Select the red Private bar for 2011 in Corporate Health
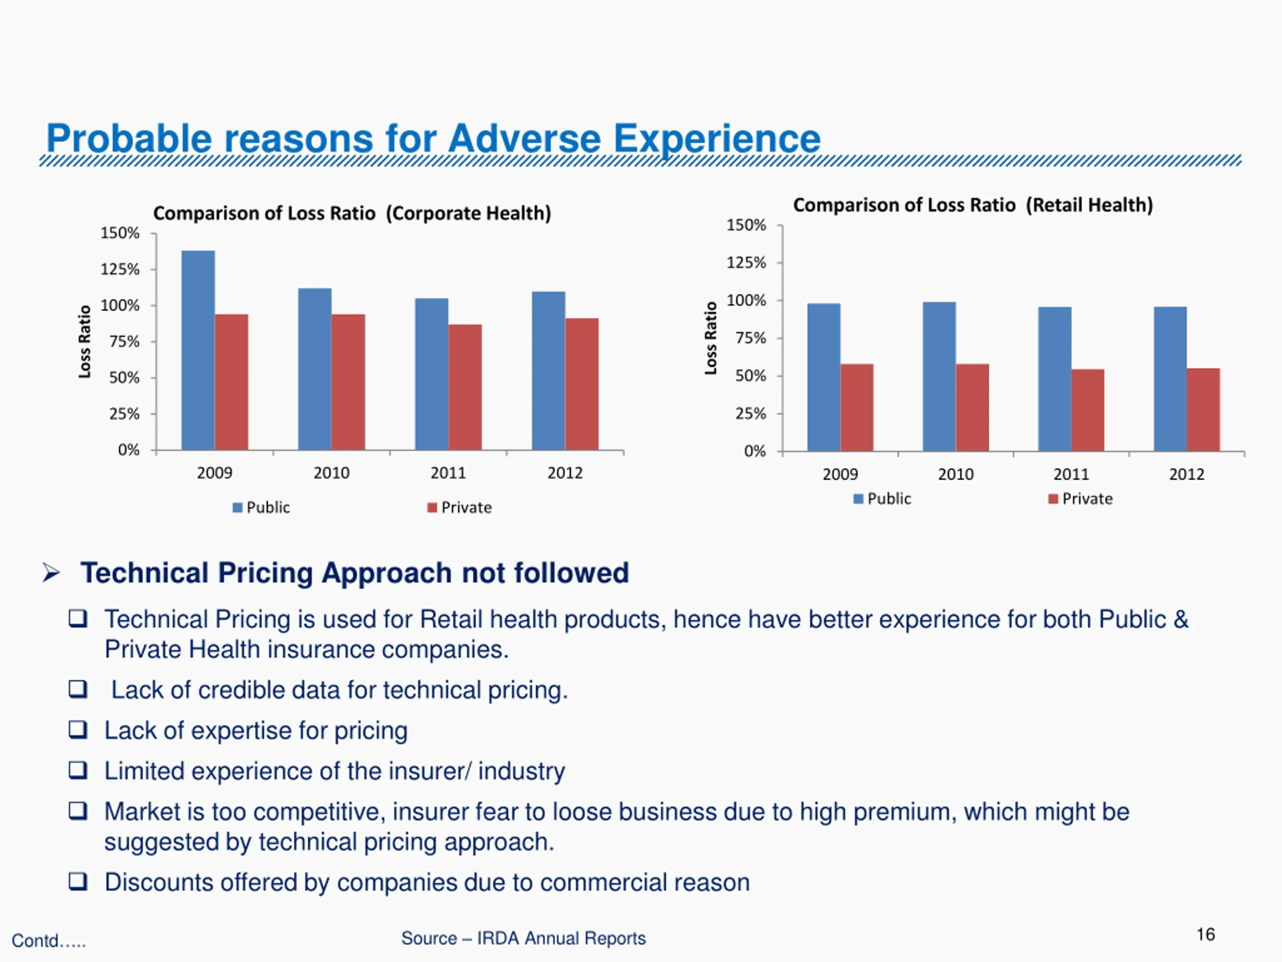point(465,387)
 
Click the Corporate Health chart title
point(352,213)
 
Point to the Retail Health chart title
point(973,205)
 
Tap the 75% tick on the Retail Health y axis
point(751,338)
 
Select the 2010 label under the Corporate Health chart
point(331,473)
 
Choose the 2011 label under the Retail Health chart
point(1071,474)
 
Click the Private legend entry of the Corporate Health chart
point(460,508)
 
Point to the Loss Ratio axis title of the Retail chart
point(711,338)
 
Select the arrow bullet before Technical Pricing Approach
point(51,573)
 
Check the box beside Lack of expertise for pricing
point(78,730)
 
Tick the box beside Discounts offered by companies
point(78,881)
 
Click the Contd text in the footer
point(49,940)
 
